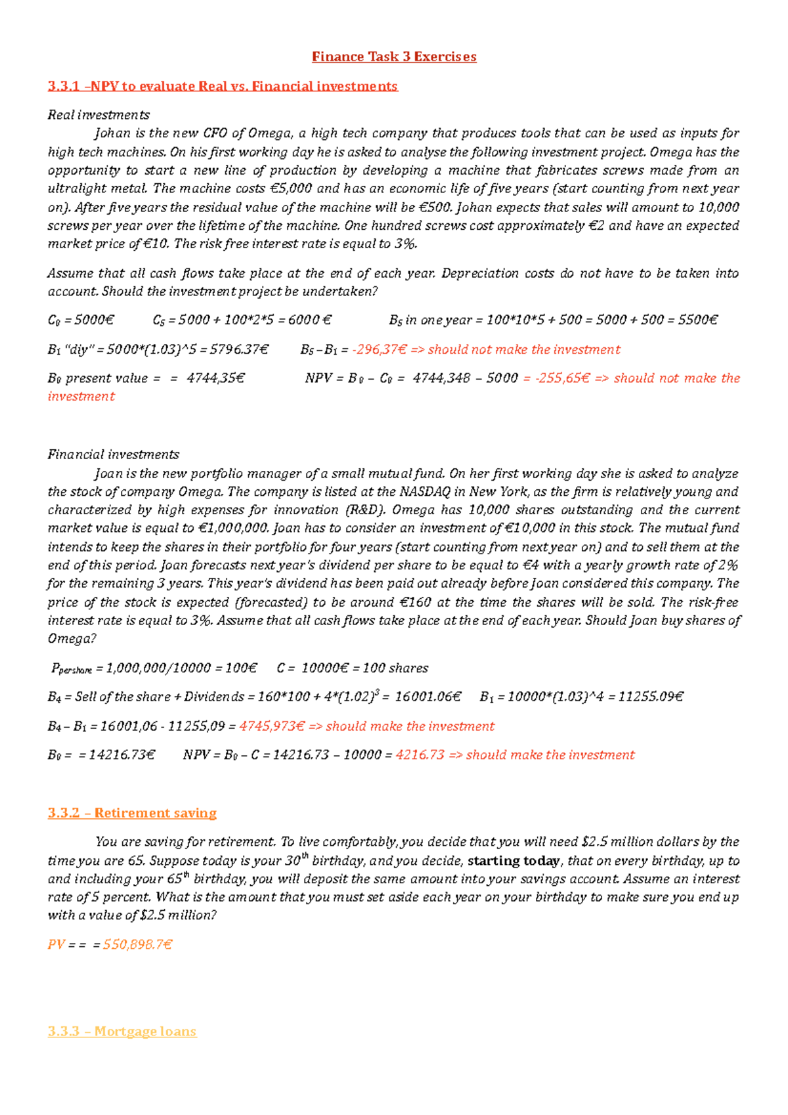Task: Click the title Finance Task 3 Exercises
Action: pos(394,57)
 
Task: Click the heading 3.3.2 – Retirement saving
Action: pos(132,813)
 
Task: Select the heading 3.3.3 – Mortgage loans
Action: pos(122,1031)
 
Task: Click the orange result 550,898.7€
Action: pos(138,944)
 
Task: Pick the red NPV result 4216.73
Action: pos(420,755)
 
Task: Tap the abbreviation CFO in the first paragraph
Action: pos(215,133)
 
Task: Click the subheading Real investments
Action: pos(98,115)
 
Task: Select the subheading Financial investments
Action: pos(113,454)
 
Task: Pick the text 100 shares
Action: pos(395,668)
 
